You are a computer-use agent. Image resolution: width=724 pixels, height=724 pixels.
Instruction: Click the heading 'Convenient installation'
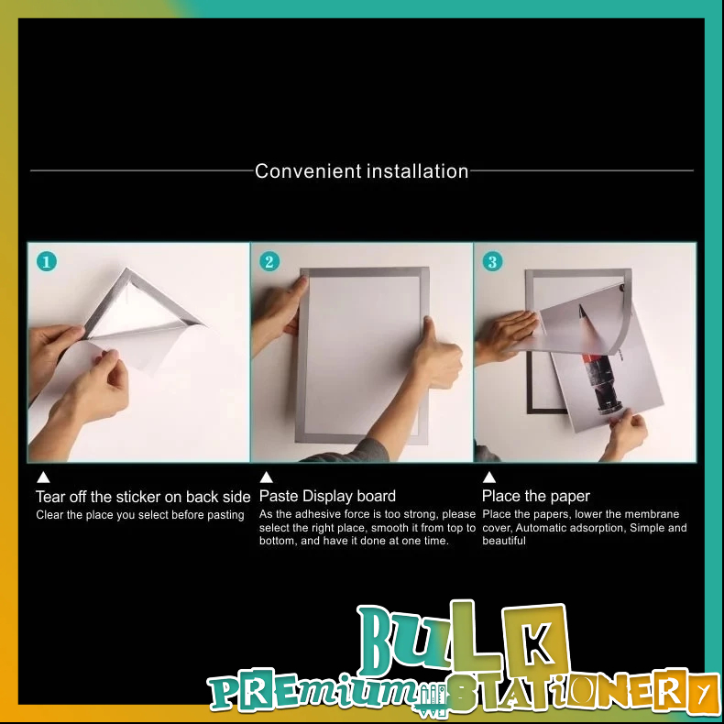(x=361, y=171)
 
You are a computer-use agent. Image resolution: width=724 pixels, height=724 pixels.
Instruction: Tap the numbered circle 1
(x=47, y=262)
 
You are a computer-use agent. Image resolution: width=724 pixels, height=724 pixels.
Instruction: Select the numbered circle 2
(x=269, y=262)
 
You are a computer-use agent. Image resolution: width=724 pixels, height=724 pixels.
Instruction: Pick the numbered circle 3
(x=493, y=262)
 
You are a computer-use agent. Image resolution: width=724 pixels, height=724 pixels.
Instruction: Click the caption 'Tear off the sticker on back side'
(x=143, y=497)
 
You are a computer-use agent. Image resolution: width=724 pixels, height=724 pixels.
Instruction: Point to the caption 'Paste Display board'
(x=327, y=497)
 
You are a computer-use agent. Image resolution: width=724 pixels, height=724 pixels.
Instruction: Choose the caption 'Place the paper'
(x=535, y=497)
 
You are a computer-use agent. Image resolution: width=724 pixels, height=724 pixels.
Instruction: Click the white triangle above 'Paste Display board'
(x=267, y=477)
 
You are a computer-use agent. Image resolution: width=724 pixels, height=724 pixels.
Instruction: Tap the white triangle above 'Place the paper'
(x=489, y=477)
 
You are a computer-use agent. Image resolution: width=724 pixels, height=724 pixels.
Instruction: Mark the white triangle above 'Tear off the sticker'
(x=43, y=477)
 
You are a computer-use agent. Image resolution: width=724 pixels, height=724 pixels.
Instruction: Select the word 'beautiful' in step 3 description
(x=504, y=541)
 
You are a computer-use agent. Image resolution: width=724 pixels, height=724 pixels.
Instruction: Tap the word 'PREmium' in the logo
(x=314, y=691)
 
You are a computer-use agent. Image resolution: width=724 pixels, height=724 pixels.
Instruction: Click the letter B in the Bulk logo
(x=379, y=640)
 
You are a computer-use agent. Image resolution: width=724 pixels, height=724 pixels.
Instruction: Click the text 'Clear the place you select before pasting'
(x=140, y=515)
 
